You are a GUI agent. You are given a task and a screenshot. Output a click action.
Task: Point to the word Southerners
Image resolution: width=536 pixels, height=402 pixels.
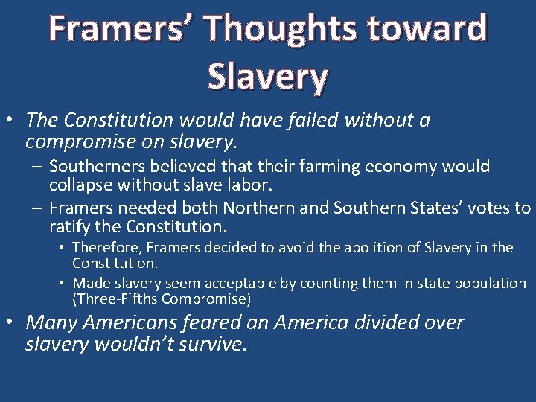93,166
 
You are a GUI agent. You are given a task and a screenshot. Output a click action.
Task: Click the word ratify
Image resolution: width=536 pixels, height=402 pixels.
71,226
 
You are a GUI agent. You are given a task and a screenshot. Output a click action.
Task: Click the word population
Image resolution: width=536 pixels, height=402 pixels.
490,284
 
